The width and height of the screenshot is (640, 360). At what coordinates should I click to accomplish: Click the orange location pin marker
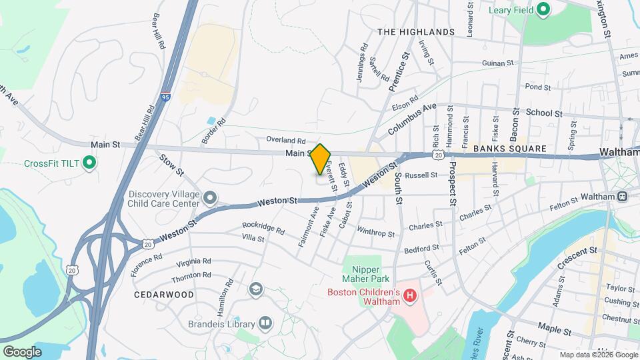click(321, 159)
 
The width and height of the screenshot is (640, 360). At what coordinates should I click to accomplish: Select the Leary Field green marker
click(543, 10)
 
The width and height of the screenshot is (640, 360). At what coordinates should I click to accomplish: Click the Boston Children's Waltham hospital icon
click(411, 294)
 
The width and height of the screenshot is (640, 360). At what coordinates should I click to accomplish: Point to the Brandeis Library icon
click(265, 324)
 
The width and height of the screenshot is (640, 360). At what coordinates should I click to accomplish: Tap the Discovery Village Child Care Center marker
click(211, 197)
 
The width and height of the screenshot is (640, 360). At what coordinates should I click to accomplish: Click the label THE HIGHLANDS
click(415, 32)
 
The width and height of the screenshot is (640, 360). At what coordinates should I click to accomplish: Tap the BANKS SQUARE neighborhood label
click(509, 149)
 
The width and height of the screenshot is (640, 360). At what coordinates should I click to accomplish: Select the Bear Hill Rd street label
click(159, 31)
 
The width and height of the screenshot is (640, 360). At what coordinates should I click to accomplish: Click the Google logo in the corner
click(22, 351)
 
